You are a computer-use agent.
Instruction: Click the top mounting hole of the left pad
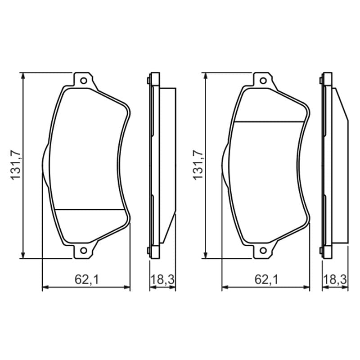[x=84, y=81]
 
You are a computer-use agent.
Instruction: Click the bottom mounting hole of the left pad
[x=84, y=250]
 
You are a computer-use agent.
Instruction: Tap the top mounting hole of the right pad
[x=263, y=81]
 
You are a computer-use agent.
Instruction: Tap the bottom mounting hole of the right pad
[x=263, y=250]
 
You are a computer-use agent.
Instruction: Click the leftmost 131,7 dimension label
[x=16, y=165]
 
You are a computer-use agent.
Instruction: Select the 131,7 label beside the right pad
[x=198, y=165]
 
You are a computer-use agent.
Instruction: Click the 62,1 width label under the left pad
[x=86, y=279]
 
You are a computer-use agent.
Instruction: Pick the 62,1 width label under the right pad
[x=266, y=279]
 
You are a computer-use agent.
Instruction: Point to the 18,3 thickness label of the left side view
[x=162, y=279]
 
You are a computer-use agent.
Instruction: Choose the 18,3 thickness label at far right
[x=335, y=279]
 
